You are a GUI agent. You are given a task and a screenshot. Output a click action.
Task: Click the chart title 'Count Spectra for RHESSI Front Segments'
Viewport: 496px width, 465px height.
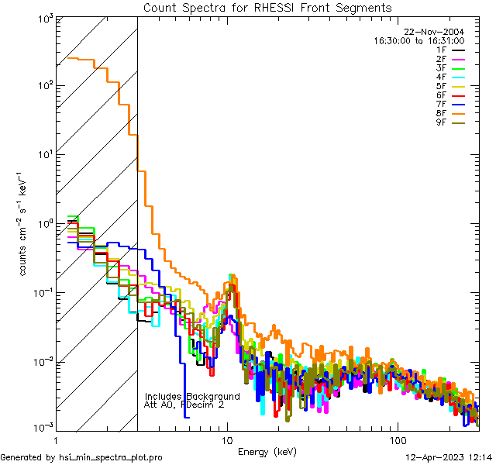(267, 7)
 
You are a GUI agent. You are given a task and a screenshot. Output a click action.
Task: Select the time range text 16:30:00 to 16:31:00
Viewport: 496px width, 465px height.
(419, 40)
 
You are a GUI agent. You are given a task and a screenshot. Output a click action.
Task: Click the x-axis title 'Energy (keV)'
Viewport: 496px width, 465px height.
(267, 452)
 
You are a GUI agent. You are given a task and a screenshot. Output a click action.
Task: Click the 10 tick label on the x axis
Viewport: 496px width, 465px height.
(227, 439)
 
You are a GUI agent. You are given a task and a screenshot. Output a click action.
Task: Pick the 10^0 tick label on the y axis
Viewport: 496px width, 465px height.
(45, 225)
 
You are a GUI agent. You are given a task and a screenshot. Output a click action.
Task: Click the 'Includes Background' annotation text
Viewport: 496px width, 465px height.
(192, 396)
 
